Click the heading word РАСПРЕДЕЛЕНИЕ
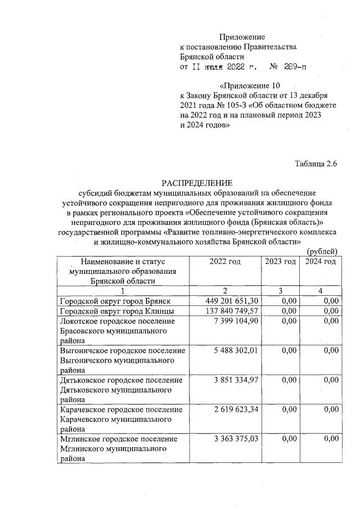[196, 183]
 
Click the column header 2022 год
[224, 262]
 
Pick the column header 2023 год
[280, 262]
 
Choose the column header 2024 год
[321, 262]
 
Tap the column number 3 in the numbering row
[280, 291]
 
